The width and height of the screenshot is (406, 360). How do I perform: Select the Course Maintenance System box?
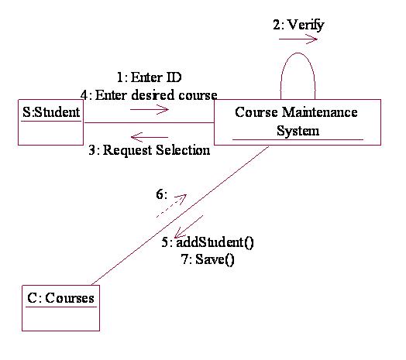click(x=298, y=122)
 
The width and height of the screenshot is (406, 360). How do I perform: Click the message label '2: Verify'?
click(x=298, y=25)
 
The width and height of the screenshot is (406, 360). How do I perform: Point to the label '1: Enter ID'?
click(x=149, y=77)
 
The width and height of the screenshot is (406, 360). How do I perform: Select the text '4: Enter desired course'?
click(x=148, y=94)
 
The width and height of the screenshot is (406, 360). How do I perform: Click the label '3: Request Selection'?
click(x=149, y=150)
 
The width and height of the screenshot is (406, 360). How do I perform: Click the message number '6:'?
click(x=161, y=194)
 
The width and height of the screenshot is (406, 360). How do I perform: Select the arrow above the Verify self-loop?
click(x=298, y=39)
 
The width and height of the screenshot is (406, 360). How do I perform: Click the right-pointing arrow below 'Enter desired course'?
click(x=150, y=109)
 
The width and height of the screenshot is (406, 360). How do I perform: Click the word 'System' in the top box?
click(x=298, y=131)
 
